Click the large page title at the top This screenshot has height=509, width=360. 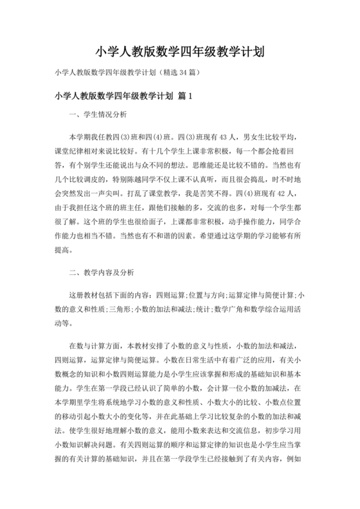[x=180, y=51]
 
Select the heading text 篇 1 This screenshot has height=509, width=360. [x=184, y=96]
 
